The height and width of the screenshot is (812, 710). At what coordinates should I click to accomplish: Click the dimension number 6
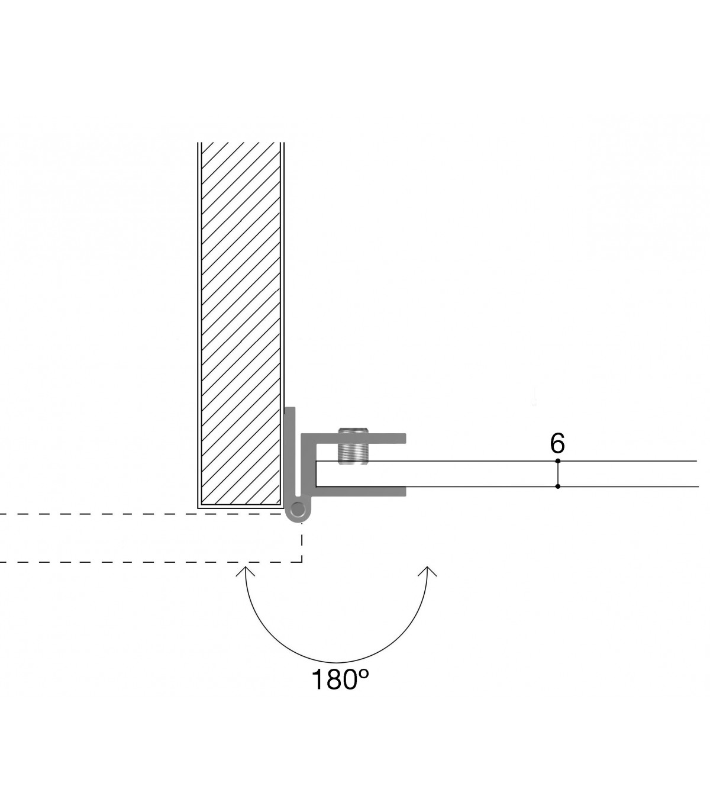(557, 443)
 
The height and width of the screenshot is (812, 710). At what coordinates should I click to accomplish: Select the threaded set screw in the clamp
(353, 446)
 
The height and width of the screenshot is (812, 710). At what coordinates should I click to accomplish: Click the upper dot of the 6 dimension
(557, 461)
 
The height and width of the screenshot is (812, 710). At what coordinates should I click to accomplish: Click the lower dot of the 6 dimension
(557, 486)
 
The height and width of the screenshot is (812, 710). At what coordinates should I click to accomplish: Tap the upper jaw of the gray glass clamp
(354, 438)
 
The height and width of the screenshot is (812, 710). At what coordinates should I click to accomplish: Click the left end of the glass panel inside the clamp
(316, 473)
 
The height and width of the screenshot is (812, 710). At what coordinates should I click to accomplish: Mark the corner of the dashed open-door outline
(302, 562)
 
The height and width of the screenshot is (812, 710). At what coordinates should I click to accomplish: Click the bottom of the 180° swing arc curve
(336, 662)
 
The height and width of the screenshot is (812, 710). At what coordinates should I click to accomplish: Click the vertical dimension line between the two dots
(557, 473)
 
